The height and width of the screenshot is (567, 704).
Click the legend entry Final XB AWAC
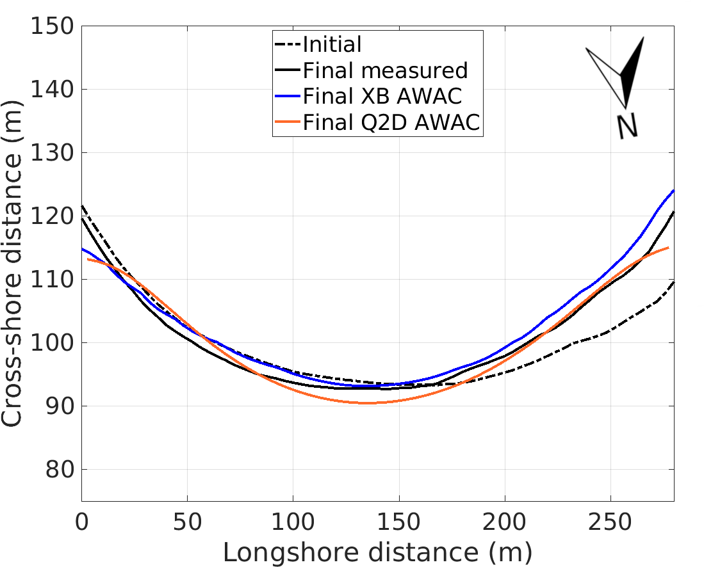[382, 96]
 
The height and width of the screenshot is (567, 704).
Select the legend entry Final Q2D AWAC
[391, 122]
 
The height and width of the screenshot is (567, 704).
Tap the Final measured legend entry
[385, 70]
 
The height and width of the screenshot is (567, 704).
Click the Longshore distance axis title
[377, 550]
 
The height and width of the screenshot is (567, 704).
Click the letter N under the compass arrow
[627, 127]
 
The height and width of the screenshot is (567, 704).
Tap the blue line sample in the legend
[288, 97]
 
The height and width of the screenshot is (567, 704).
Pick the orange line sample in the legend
[288, 122]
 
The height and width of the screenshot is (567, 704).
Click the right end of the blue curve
[673, 190]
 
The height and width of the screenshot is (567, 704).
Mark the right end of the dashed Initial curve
[673, 281]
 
